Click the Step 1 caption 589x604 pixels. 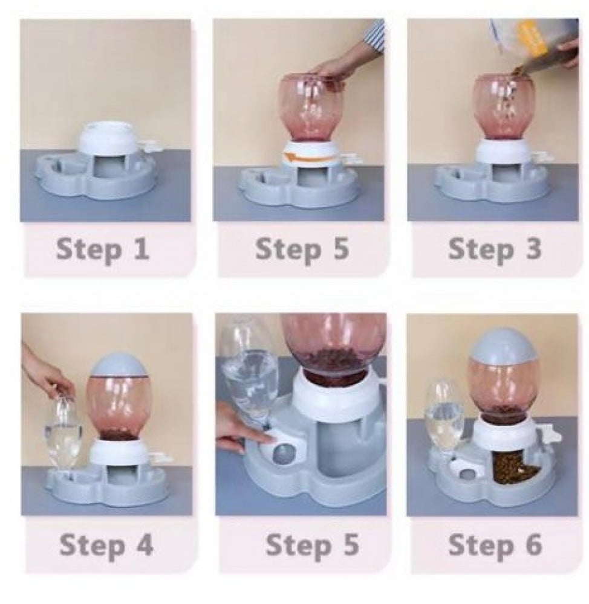[x=103, y=249]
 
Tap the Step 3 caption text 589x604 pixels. [x=495, y=249]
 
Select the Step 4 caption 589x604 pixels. [x=106, y=545]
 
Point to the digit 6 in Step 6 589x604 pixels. [x=534, y=544]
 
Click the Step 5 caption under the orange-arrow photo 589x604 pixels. [x=302, y=249]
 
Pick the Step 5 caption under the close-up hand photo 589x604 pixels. [x=313, y=545]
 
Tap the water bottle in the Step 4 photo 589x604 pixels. [x=62, y=431]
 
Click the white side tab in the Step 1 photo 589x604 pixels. [x=150, y=146]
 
